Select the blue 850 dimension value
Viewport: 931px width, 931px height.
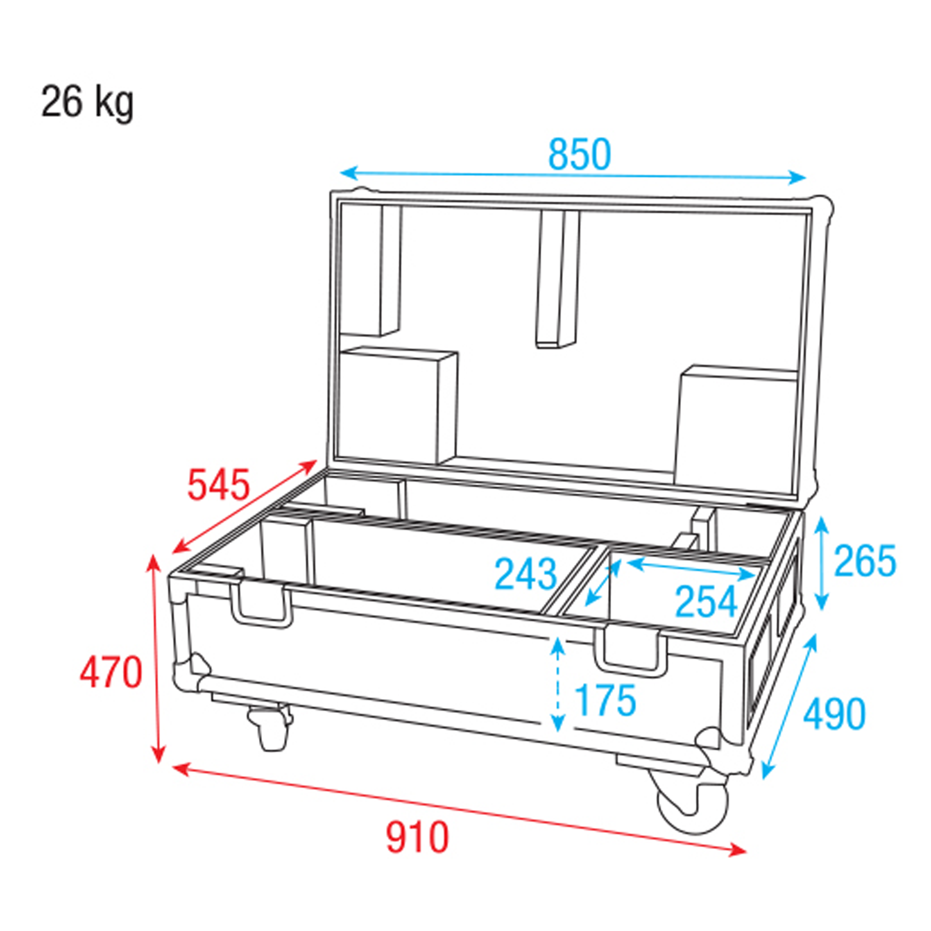580,155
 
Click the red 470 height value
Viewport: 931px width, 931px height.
111,673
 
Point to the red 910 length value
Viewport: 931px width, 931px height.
417,837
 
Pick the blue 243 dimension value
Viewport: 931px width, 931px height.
526,574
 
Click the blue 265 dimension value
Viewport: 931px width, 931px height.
865,560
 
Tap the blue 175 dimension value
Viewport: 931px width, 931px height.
606,700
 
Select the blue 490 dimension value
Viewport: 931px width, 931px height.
834,714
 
